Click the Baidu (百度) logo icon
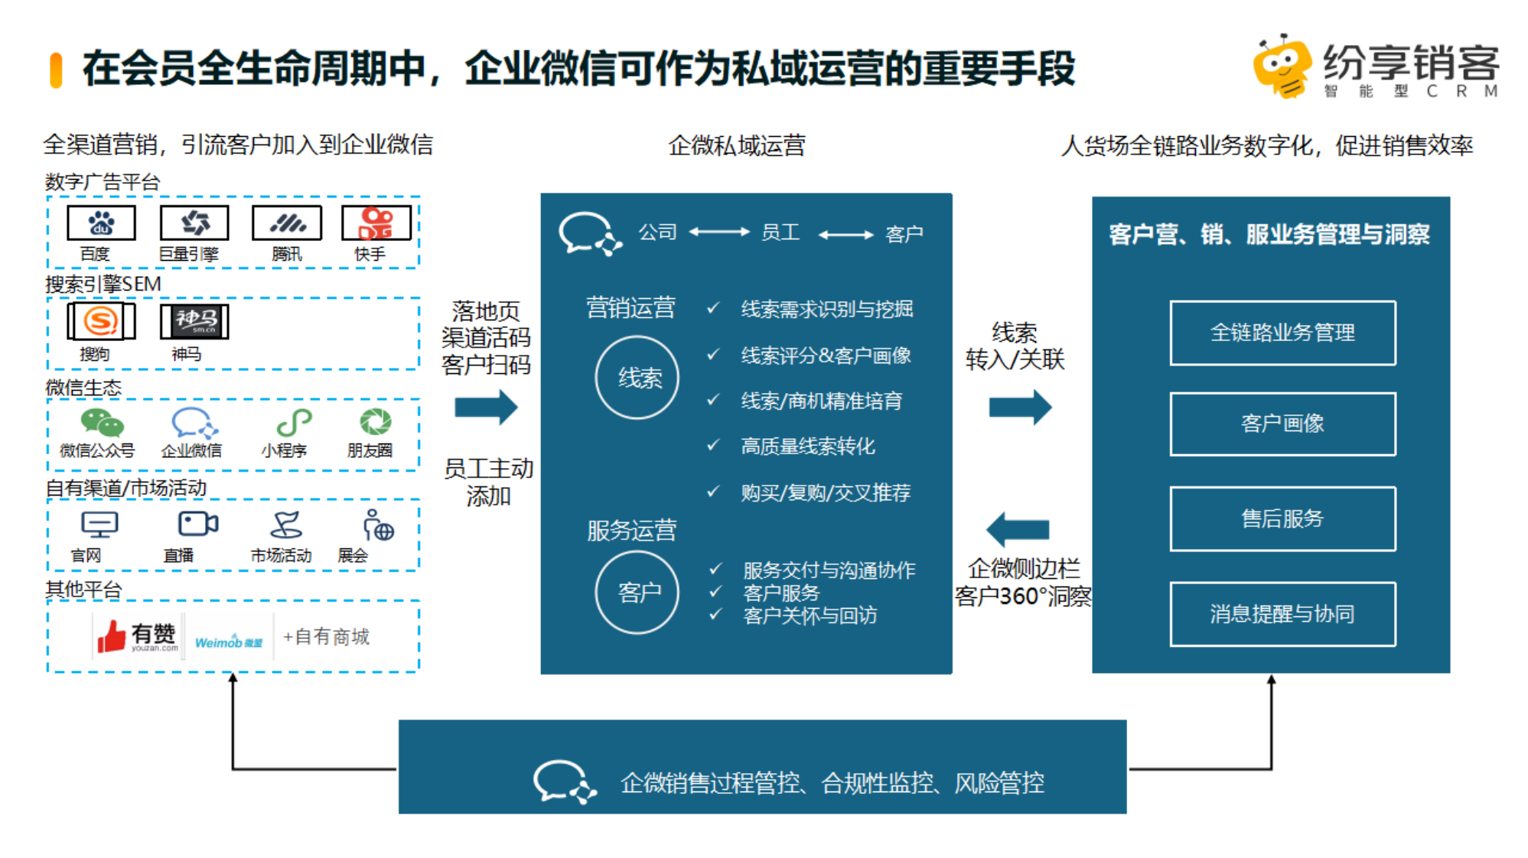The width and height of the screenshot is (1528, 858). tap(101, 223)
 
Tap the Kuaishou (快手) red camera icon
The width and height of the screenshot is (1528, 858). tap(376, 223)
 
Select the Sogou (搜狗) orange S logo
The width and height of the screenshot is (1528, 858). tap(101, 320)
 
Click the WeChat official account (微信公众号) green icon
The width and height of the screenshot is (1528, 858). tap(102, 422)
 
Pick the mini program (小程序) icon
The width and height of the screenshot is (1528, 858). tap(294, 422)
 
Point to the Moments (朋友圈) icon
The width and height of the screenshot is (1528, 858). tap(376, 421)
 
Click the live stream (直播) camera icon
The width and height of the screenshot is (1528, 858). tap(197, 524)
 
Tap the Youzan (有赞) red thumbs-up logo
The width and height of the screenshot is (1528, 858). tap(112, 636)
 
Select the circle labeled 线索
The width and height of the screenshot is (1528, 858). tap(637, 378)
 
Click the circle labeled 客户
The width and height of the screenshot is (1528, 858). tap(637, 593)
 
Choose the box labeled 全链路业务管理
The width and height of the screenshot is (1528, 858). tap(1282, 333)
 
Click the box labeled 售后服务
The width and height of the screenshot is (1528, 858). tap(1282, 518)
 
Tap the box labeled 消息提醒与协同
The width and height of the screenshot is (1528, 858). tap(1282, 614)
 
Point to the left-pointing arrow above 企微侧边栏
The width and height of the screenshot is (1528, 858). tap(1018, 528)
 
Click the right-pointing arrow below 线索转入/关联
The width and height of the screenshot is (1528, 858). tap(1020, 407)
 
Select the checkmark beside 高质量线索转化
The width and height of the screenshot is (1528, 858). tap(713, 445)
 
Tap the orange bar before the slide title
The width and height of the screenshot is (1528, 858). tap(56, 70)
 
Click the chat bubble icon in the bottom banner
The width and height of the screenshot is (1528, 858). tap(564, 782)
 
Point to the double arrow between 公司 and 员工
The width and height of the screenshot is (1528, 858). tap(719, 232)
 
